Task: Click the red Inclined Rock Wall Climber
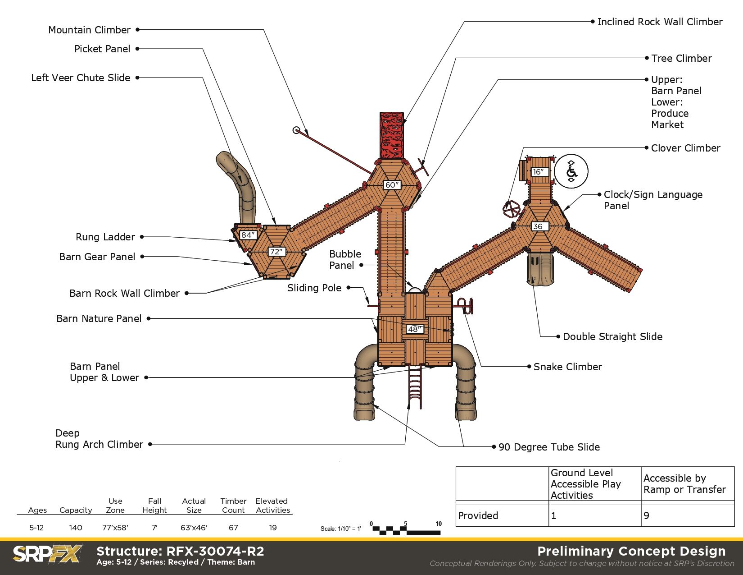point(391,135)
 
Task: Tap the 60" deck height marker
point(392,185)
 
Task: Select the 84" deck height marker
point(248,235)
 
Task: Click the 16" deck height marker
point(539,172)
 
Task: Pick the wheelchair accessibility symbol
point(571,171)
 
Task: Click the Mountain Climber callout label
point(89,30)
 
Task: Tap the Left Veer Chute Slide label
point(81,78)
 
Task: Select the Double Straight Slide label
point(612,337)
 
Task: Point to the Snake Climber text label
point(567,367)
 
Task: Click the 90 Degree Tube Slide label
point(549,447)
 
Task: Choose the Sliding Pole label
point(314,288)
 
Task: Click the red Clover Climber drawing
point(512,208)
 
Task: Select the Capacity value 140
point(76,528)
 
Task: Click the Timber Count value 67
point(233,528)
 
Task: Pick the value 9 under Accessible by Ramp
point(647,516)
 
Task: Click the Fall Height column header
point(154,506)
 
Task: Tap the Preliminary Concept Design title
point(631,552)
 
